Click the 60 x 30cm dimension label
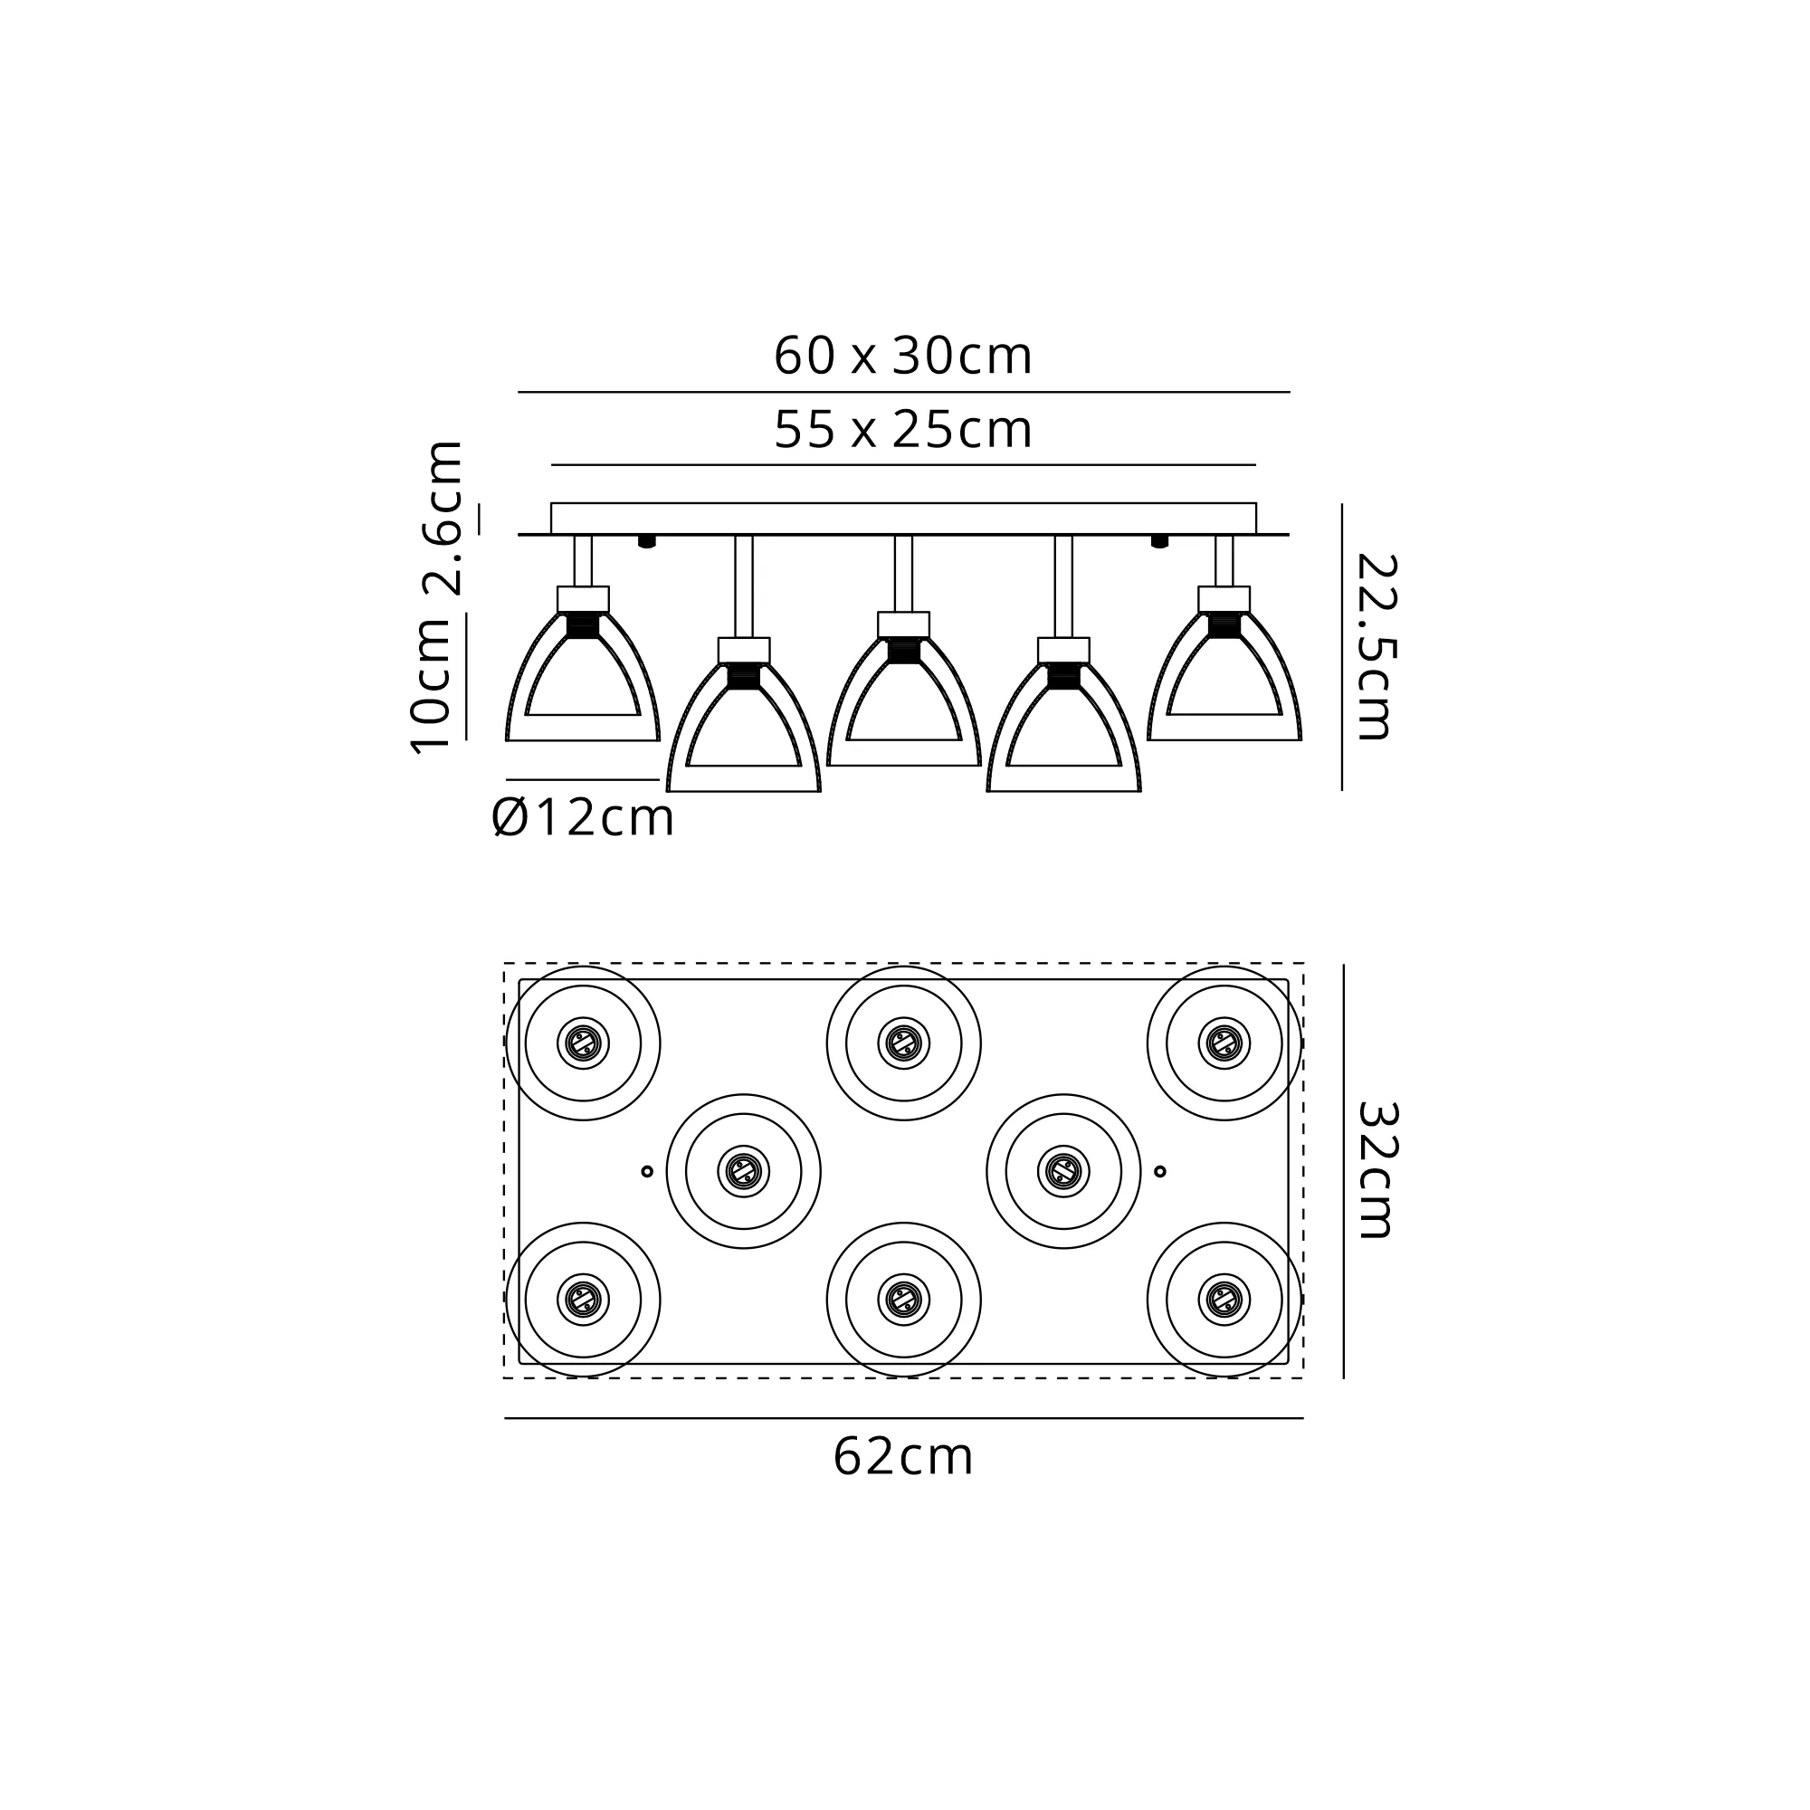click(x=903, y=356)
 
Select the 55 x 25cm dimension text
click(x=903, y=430)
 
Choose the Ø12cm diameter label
click(x=583, y=818)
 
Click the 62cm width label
click(x=903, y=1458)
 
